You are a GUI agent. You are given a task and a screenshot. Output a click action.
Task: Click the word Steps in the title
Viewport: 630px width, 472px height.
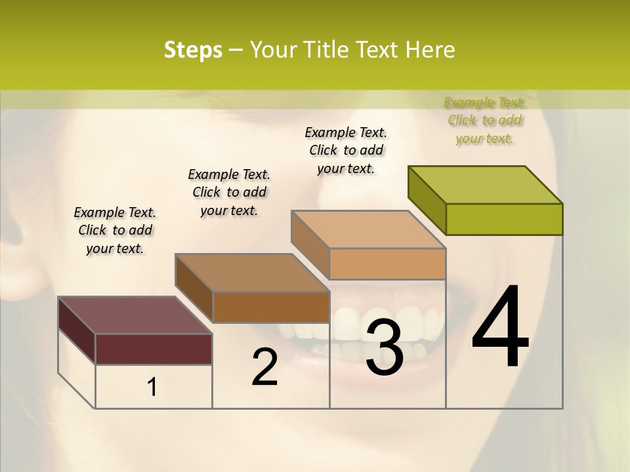pyautogui.click(x=193, y=50)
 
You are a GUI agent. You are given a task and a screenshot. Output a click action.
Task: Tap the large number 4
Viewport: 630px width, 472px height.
pyautogui.click(x=501, y=328)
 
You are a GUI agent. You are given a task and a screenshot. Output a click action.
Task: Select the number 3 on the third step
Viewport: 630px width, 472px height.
pyautogui.click(x=384, y=347)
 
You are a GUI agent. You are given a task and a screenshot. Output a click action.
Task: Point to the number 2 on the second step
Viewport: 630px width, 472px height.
pyautogui.click(x=264, y=367)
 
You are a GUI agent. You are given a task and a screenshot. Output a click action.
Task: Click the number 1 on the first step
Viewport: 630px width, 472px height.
pyautogui.click(x=152, y=387)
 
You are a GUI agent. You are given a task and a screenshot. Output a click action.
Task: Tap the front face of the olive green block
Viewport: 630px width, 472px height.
pyautogui.click(x=504, y=219)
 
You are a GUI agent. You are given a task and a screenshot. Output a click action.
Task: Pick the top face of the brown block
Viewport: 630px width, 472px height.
pyautogui.click(x=253, y=273)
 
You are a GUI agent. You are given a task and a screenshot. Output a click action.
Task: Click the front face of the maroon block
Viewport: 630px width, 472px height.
pyautogui.click(x=154, y=349)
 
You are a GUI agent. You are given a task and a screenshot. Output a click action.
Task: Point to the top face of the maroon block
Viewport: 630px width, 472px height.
pyautogui.click(x=135, y=315)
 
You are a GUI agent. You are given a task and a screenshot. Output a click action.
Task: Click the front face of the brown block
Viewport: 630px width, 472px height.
pyautogui.click(x=271, y=307)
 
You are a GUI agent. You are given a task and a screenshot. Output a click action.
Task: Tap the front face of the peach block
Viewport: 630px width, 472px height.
pyautogui.click(x=387, y=264)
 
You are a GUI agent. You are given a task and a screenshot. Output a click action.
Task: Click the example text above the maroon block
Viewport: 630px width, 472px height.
pyautogui.click(x=115, y=230)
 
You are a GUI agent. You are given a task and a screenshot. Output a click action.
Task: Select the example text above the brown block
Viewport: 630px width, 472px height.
pyautogui.click(x=229, y=192)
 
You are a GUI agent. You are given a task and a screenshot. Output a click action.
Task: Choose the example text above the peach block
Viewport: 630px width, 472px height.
pyautogui.click(x=346, y=150)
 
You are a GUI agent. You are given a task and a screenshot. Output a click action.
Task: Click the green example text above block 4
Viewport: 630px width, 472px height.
pyautogui.click(x=484, y=120)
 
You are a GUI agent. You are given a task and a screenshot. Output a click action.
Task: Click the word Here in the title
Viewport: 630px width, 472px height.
pyautogui.click(x=431, y=50)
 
